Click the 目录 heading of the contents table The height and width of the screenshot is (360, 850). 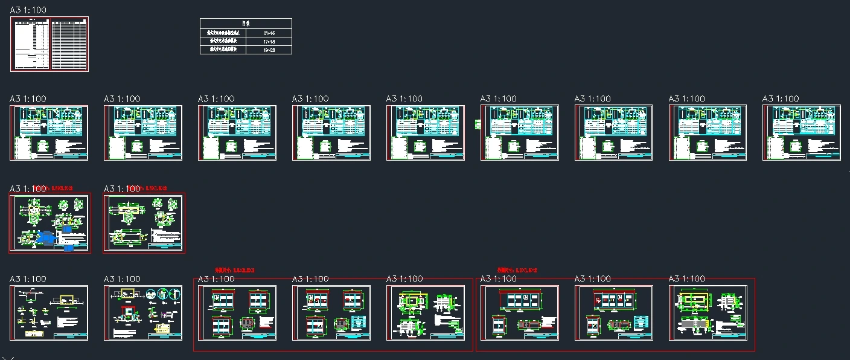[x=246, y=23]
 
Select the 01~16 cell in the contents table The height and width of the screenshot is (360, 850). [x=269, y=33]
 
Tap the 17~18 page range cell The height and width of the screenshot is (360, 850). [x=269, y=41]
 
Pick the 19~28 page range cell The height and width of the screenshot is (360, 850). [x=269, y=50]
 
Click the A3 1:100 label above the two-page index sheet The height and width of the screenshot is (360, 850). [x=28, y=10]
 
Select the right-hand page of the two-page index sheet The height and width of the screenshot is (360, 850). [x=69, y=44]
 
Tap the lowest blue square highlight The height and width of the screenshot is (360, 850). [x=69, y=246]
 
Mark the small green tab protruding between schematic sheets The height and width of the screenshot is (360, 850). [x=478, y=124]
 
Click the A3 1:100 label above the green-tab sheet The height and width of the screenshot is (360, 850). [x=499, y=98]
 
